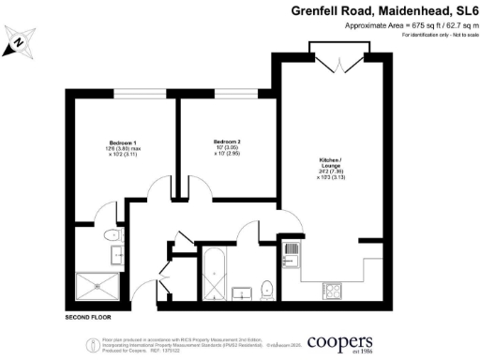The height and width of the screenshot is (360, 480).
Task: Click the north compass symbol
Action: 22,43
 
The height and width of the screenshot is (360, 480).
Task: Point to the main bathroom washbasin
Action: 243,292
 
